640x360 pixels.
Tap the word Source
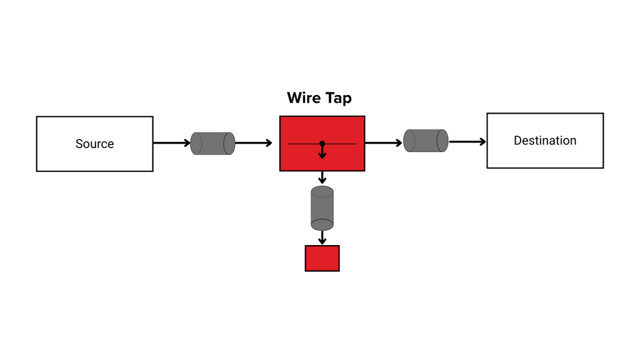coord(94,144)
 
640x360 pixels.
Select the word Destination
coord(545,141)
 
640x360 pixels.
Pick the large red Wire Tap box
coord(300,159)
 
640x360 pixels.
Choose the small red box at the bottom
coord(322,258)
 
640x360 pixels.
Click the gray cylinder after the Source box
coord(212,144)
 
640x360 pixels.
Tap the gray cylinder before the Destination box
coord(426,141)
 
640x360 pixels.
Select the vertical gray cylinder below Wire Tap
coord(322,208)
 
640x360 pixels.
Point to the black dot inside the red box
coord(322,144)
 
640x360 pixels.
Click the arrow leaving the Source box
coord(172,143)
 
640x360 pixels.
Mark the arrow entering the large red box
coord(254,143)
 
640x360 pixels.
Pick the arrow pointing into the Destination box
coord(467,142)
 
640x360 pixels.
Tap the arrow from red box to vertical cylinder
coord(322,177)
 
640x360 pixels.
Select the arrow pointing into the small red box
coord(322,238)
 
